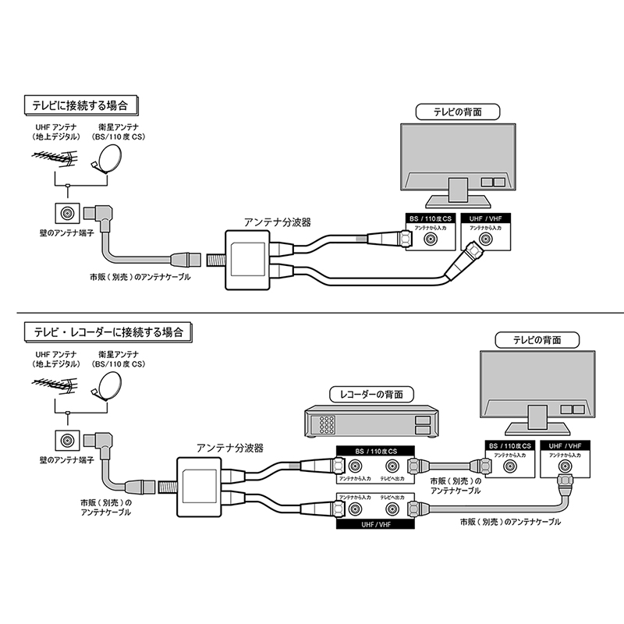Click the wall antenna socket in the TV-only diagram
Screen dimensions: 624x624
pyautogui.click(x=66, y=212)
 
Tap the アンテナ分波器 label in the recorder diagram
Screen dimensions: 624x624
pyautogui.click(x=229, y=448)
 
